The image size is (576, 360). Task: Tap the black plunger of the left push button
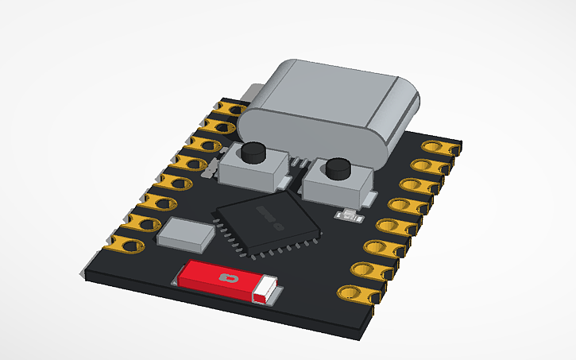pyautogui.click(x=254, y=150)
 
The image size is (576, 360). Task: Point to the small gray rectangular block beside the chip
pyautogui.click(x=187, y=232)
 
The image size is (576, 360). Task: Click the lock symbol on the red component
pyautogui.click(x=230, y=279)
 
